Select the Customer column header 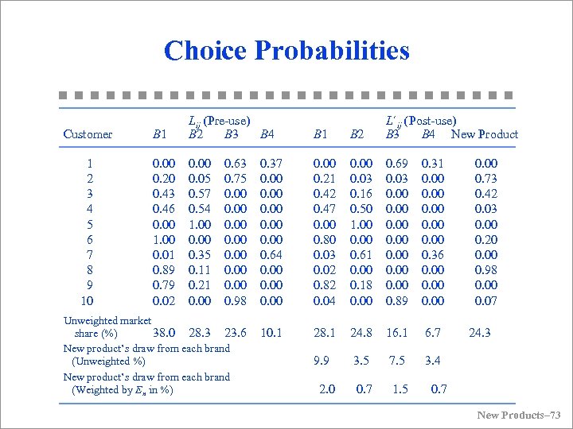coord(88,134)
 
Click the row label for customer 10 coord(87,300)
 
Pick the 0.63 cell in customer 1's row coord(236,164)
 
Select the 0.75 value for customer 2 coord(236,179)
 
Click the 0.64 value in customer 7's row coord(271,255)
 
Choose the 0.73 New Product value coord(485,179)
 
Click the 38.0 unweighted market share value coord(164,333)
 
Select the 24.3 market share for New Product coord(480,333)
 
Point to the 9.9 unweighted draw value coord(322,361)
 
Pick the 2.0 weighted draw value coord(326,388)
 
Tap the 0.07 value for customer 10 coord(485,300)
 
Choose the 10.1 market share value coord(271,333)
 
